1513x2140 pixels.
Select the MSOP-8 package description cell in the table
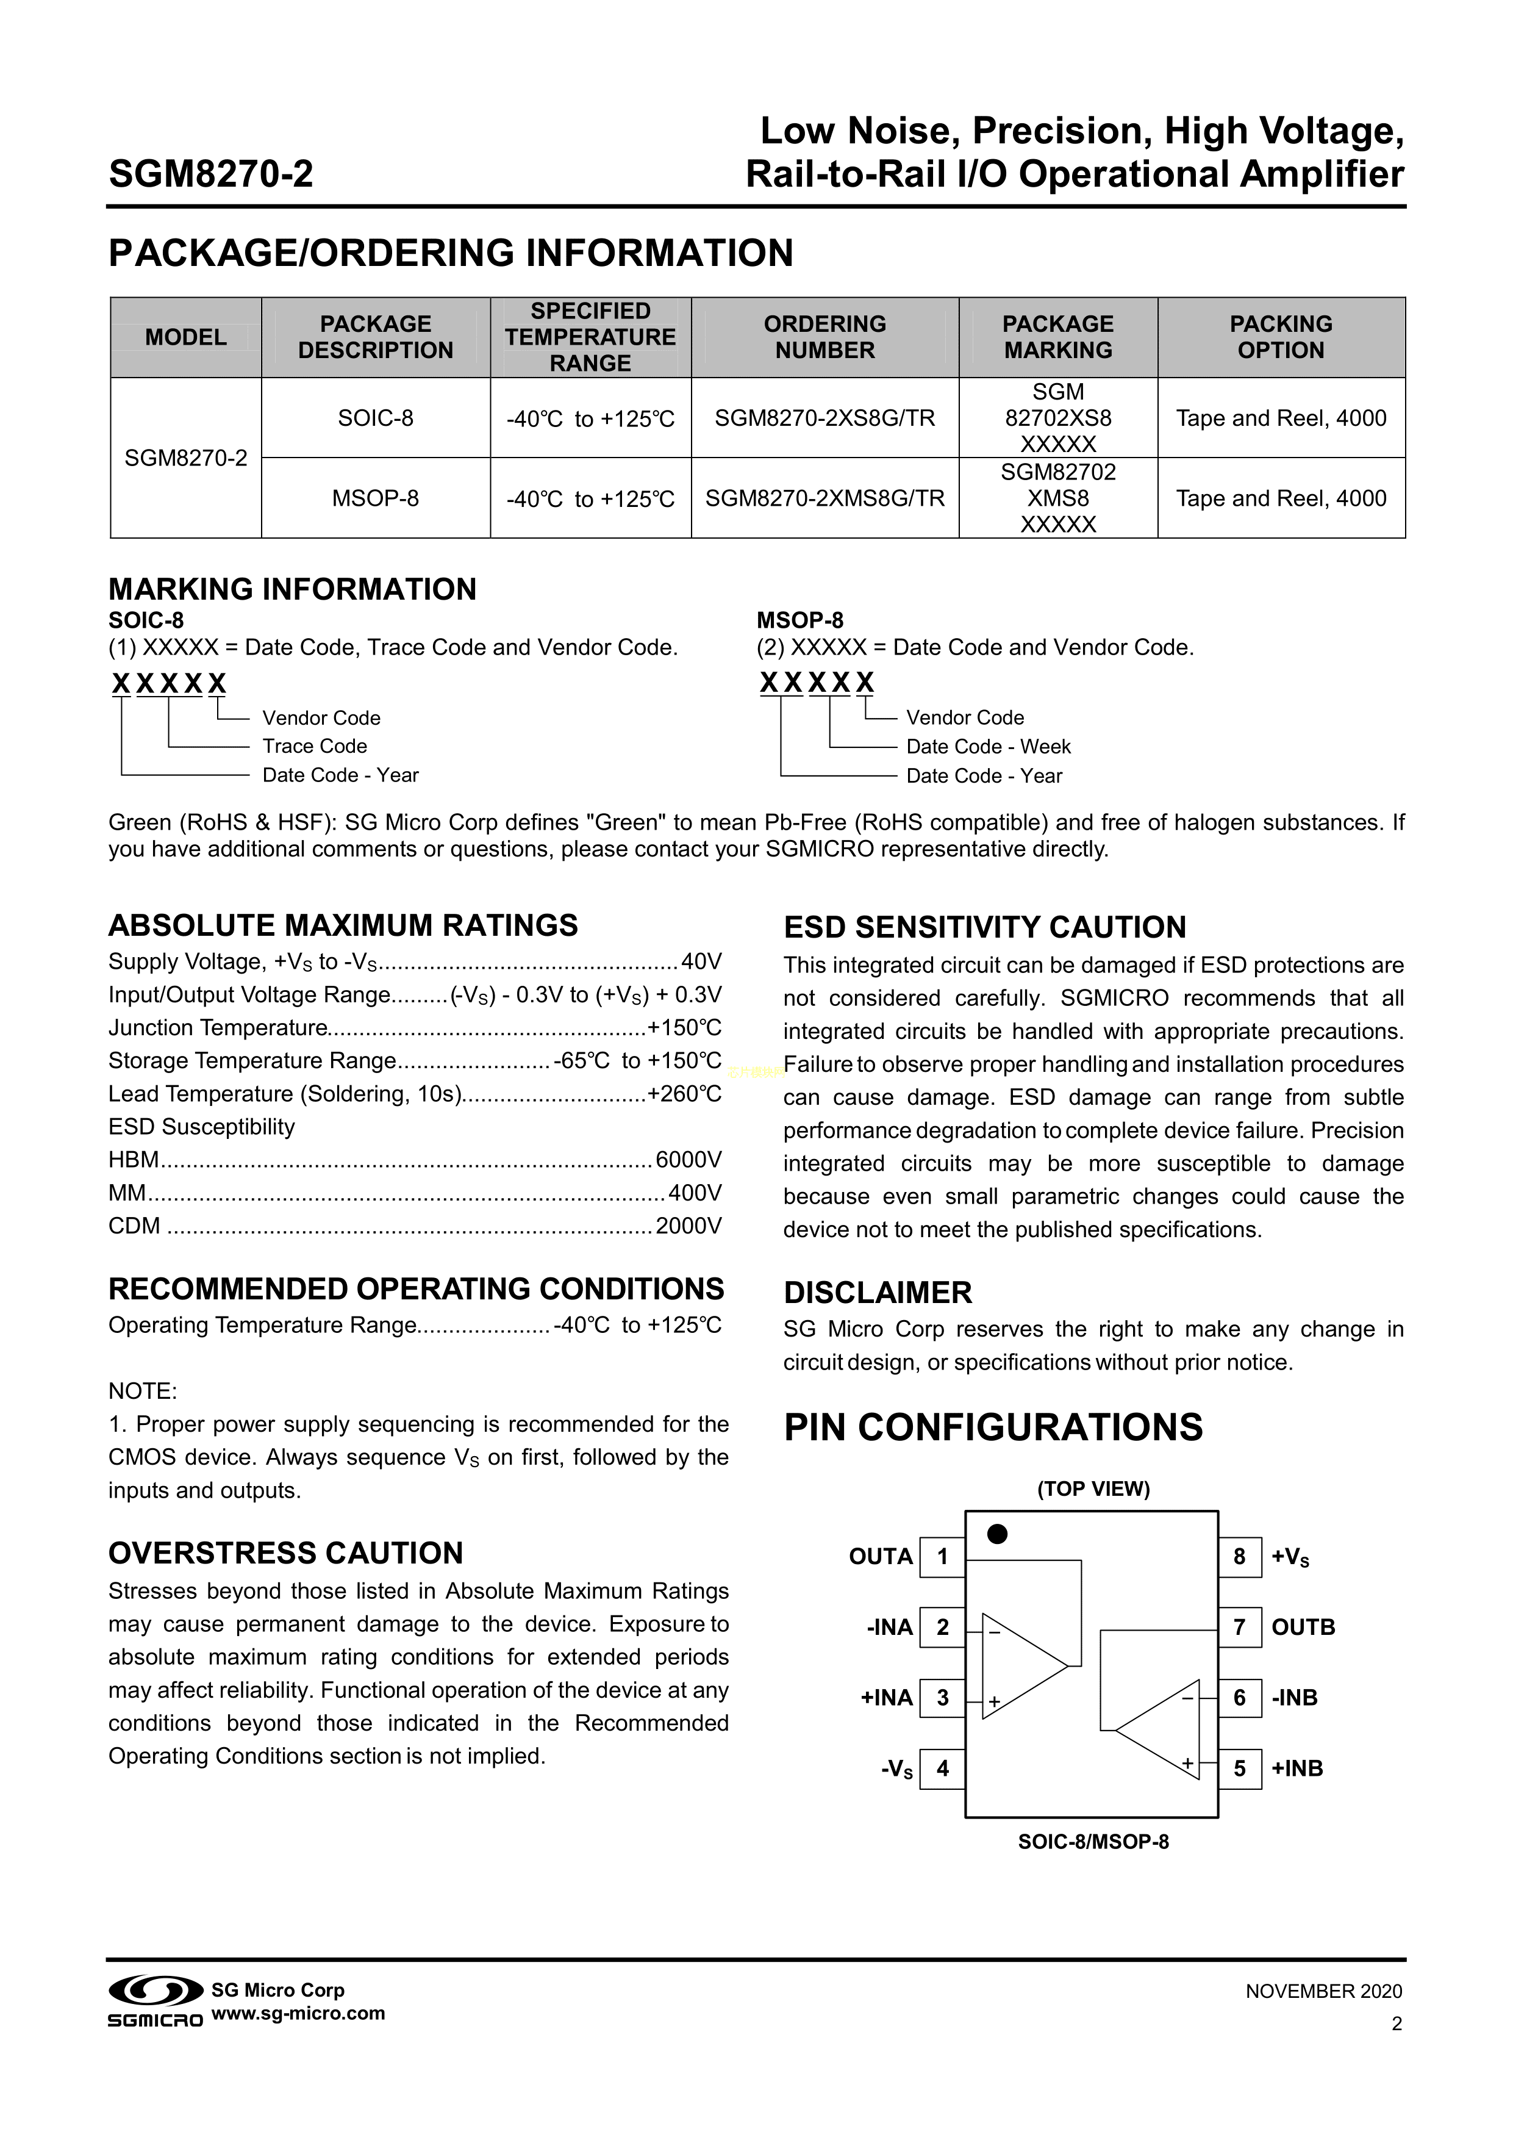coord(376,498)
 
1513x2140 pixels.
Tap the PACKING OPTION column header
coord(1281,337)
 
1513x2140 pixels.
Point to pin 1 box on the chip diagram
coord(942,1557)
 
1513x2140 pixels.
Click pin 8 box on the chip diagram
coord(1239,1557)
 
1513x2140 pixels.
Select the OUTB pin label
coord(1303,1628)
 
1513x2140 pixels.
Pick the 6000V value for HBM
coord(689,1160)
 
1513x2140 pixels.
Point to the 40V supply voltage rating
coord(701,962)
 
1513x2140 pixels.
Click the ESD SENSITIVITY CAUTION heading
coord(985,927)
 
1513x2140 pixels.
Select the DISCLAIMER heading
coord(878,1293)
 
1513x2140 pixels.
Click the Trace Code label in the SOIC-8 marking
coord(315,747)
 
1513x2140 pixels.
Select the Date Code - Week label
coord(989,747)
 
